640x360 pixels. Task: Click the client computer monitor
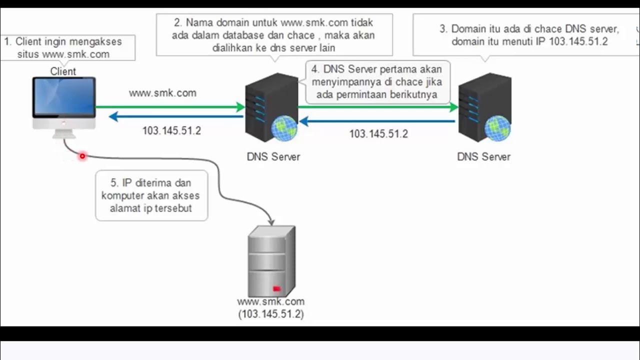point(63,97)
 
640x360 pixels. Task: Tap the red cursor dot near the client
point(82,156)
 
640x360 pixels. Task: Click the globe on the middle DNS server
point(283,127)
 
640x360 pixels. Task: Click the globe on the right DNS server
point(497,127)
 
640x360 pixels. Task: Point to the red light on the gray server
point(276,288)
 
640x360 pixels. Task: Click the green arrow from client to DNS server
point(170,106)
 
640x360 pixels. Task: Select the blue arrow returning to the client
point(175,117)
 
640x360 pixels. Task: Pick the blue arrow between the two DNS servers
point(380,121)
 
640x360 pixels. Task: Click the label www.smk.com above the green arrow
point(162,93)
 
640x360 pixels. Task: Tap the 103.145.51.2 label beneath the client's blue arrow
point(171,131)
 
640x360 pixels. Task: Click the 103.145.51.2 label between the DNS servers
point(378,134)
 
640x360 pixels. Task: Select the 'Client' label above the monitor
point(63,71)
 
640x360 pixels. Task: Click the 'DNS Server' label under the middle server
point(273,156)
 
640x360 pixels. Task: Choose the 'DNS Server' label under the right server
point(483,156)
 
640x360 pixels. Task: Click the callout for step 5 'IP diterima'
point(151,195)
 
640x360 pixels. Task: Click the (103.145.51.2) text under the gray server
point(271,314)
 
